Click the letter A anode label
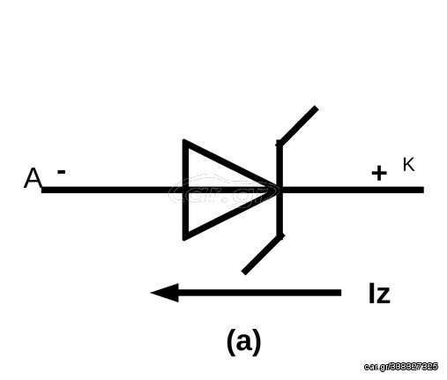[33, 178]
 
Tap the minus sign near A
[61, 172]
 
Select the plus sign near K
[379, 173]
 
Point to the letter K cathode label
[408, 164]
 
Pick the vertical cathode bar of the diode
[279, 190]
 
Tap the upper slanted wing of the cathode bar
[297, 125]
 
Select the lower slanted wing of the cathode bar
[263, 254]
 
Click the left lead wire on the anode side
[112, 190]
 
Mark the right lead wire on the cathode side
[353, 190]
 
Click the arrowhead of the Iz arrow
[165, 293]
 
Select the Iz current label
[379, 294]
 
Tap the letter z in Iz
[384, 295]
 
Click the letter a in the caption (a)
[244, 342]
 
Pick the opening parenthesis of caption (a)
[231, 342]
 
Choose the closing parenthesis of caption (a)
[257, 342]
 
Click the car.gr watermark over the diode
[223, 190]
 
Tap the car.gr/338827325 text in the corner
[401, 367]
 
